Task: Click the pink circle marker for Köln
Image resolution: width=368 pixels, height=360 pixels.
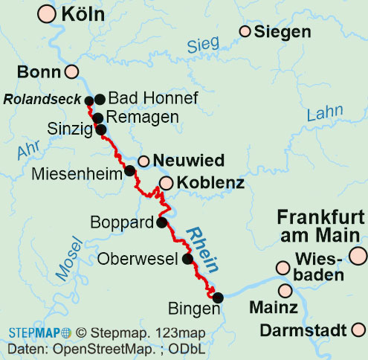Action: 47,13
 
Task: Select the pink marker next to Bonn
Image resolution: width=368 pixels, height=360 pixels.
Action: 72,72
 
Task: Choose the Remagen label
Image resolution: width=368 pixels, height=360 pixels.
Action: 143,117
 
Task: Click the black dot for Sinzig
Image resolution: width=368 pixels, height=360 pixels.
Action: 102,129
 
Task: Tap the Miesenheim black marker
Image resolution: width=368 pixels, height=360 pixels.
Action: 129,170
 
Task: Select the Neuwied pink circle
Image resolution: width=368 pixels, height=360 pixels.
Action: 143,161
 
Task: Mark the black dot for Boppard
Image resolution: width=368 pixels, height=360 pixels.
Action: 161,222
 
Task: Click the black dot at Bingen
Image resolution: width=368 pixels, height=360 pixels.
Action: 218,298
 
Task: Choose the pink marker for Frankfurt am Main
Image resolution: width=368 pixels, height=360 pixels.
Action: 359,256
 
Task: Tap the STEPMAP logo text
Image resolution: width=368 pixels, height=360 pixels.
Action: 35,333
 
